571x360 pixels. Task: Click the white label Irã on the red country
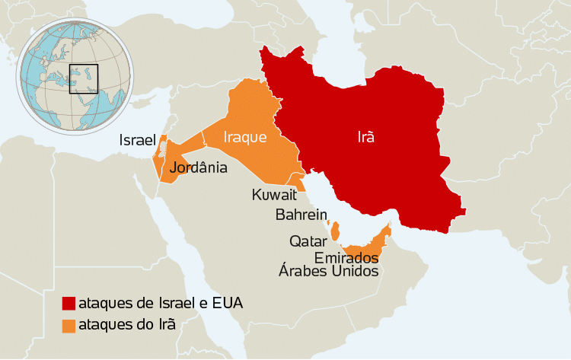367,138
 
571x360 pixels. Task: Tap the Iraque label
244,138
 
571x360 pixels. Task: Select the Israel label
137,141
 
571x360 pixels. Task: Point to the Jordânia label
199,167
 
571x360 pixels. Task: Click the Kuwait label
273,196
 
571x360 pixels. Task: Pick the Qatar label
308,241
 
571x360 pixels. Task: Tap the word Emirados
346,257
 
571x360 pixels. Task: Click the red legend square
69,304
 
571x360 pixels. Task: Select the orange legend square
69,324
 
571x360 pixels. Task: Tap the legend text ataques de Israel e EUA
161,303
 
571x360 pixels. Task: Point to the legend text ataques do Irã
127,324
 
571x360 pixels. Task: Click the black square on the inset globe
84,78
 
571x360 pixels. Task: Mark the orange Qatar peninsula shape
334,230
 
